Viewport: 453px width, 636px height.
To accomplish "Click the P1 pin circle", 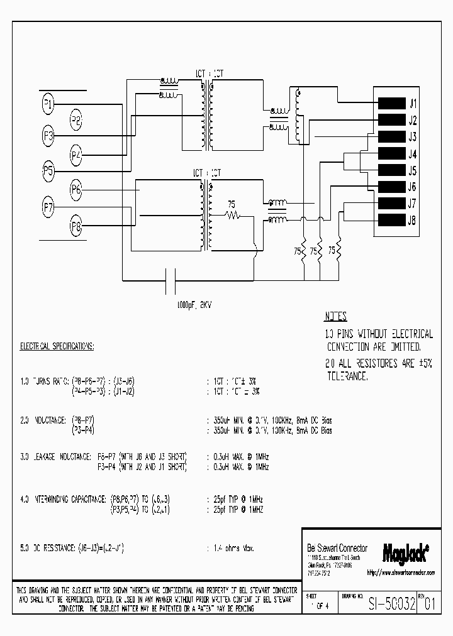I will (48, 104).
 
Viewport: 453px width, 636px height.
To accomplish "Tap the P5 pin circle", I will (48, 170).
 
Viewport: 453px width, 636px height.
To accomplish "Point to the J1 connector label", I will (413, 104).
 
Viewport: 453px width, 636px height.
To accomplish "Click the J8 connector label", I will (413, 220).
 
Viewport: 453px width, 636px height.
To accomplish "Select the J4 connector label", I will (413, 154).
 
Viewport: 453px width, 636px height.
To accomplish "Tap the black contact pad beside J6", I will (390, 186).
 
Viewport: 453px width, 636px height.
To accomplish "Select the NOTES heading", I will (335, 317).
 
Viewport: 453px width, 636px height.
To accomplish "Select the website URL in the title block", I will (401, 573).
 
